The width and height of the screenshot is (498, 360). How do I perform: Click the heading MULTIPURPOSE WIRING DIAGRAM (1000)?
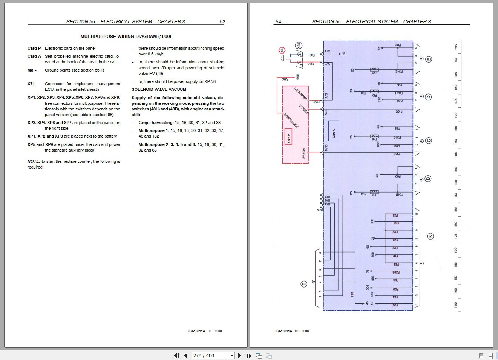[126, 37]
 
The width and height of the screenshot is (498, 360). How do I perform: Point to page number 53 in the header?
[222, 22]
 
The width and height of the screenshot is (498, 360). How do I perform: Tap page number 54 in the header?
[278, 22]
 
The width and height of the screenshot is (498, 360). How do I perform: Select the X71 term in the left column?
[31, 84]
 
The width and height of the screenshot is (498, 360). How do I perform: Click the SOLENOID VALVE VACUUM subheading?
[159, 89]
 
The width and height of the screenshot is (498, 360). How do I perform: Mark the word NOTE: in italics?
[34, 161]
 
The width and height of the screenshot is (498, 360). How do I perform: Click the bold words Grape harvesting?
[156, 123]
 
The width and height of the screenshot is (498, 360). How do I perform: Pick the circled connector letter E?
[429, 59]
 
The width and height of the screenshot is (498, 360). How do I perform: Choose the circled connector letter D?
[428, 97]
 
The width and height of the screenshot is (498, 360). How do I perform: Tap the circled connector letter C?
[428, 141]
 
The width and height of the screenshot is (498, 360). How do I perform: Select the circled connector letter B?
[428, 178]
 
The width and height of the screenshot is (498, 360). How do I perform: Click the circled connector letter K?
[430, 236]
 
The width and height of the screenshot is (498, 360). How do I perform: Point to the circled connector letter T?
[304, 284]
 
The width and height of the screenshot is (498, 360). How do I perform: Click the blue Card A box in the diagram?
[334, 131]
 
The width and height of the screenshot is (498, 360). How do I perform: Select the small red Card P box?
[288, 136]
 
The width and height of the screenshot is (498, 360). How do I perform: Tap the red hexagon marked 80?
[282, 50]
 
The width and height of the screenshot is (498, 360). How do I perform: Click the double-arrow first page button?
[176, 355]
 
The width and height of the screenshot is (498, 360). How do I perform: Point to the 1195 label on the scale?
[456, 47]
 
